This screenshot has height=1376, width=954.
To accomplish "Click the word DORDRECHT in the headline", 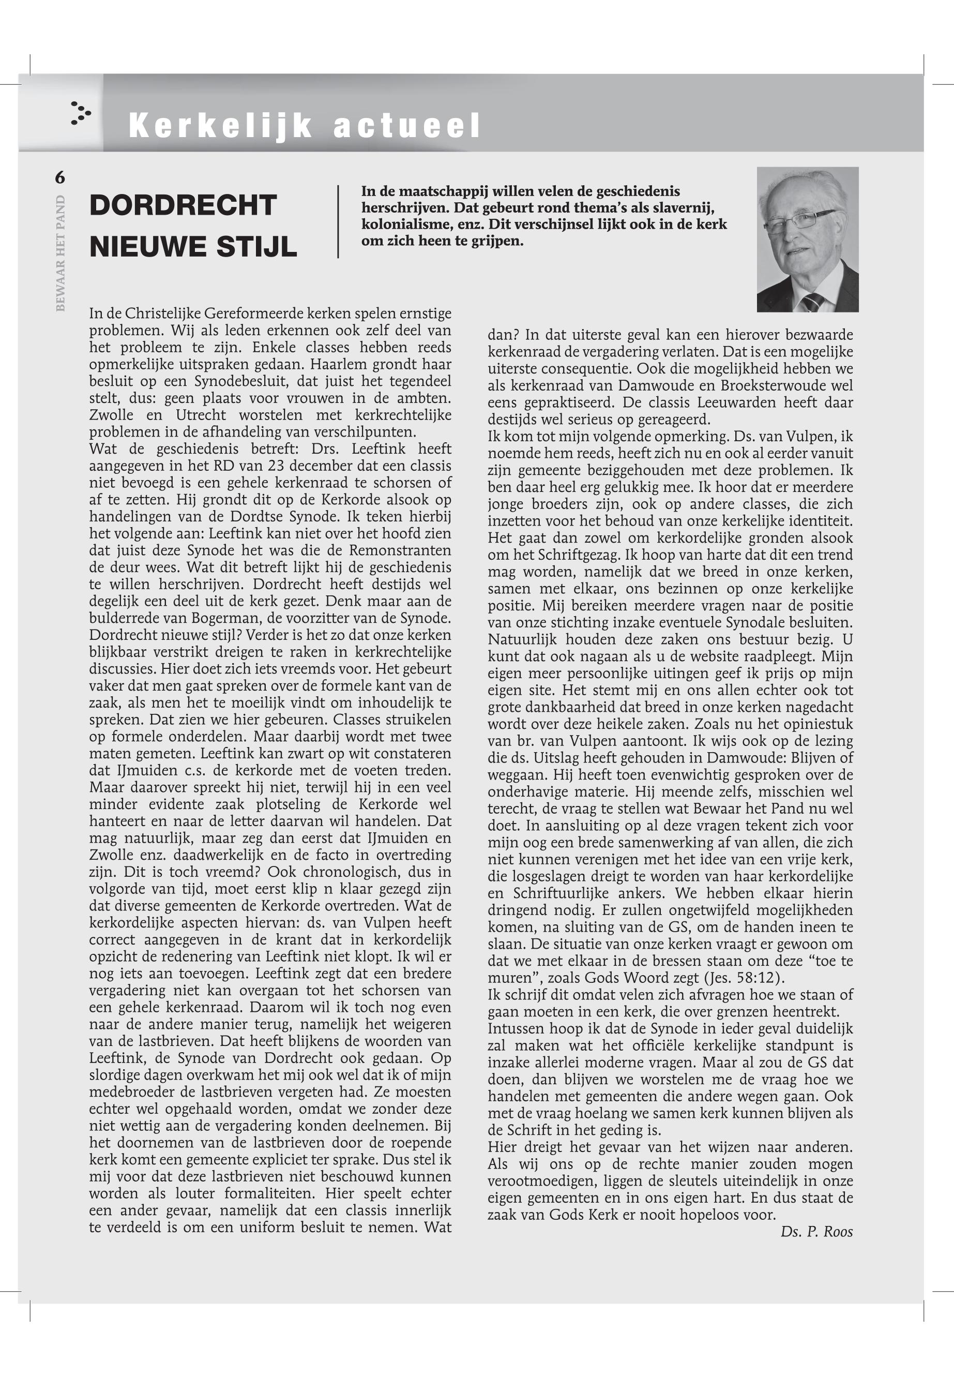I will pos(183,205).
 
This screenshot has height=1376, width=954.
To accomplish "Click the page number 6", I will pos(60,177).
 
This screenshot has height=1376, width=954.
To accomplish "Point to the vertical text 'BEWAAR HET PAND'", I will pos(60,252).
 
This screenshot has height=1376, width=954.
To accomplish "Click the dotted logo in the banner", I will pos(80,113).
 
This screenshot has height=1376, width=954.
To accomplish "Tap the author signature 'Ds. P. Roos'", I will pos(816,1231).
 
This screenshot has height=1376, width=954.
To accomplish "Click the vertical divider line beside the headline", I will pos(338,221).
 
